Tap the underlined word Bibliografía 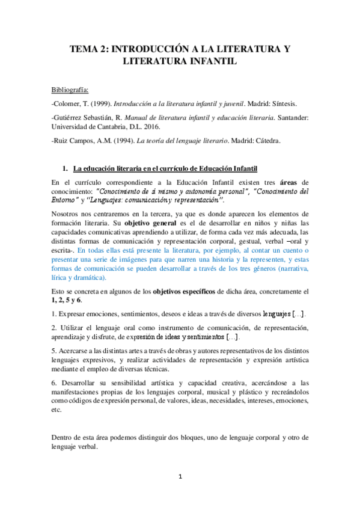point(70,90)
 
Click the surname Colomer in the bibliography point(68,103)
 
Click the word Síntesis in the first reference point(289,103)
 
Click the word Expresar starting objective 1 point(76,314)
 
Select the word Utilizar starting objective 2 point(76,328)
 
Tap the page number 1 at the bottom point(180,477)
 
